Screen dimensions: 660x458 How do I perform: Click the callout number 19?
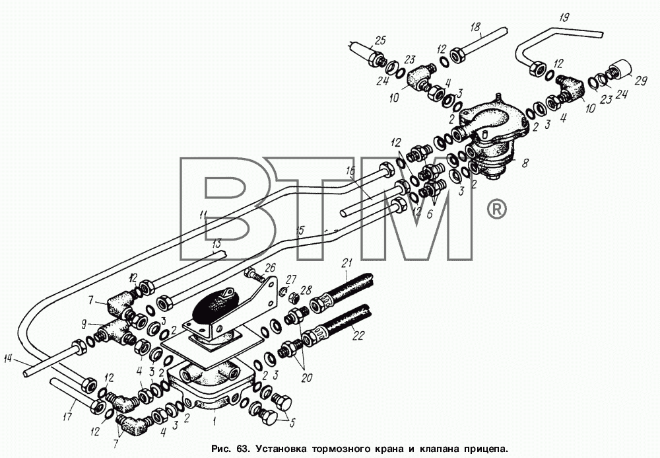pyautogui.click(x=564, y=18)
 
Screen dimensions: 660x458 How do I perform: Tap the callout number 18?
pyautogui.click(x=475, y=27)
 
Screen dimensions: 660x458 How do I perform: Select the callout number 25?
pyautogui.click(x=380, y=41)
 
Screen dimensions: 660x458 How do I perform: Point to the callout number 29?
pyautogui.click(x=641, y=81)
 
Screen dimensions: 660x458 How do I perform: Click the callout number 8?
pyautogui.click(x=525, y=163)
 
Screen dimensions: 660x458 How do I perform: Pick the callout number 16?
pyautogui.click(x=350, y=171)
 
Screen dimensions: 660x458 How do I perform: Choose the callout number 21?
pyautogui.click(x=347, y=263)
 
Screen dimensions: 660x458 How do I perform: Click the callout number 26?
pyautogui.click(x=270, y=268)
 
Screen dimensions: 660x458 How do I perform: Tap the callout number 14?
pyautogui.click(x=9, y=359)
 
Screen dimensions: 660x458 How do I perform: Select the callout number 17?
pyautogui.click(x=68, y=418)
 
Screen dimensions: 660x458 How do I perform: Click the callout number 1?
pyautogui.click(x=214, y=420)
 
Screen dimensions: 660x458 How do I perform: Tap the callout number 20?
pyautogui.click(x=306, y=377)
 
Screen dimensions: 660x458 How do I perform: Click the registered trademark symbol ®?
pyautogui.click(x=497, y=209)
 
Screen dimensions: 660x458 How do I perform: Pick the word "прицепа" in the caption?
pyautogui.click(x=486, y=447)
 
